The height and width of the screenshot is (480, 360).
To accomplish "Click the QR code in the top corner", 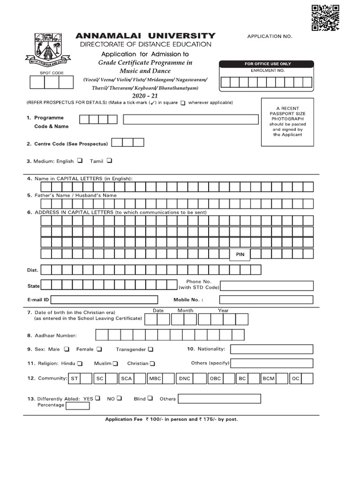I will pyautogui.click(x=325, y=17).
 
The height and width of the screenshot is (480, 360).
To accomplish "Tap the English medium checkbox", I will pyautogui.click(x=80, y=160).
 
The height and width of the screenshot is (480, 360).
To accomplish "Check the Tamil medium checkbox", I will pyautogui.click(x=109, y=160).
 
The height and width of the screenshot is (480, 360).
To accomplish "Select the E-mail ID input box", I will pyautogui.click(x=107, y=300).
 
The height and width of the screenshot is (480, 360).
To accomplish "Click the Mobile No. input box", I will pyautogui.click(x=266, y=300).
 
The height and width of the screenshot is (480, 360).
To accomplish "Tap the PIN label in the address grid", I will pyautogui.click(x=240, y=255).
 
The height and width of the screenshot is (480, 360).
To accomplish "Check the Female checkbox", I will pyautogui.click(x=99, y=349).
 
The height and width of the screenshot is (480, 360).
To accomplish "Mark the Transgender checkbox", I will pyautogui.click(x=150, y=349).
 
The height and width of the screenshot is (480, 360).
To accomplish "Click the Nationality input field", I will pyautogui.click(x=271, y=349).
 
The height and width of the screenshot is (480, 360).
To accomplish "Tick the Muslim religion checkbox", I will pyautogui.click(x=115, y=363).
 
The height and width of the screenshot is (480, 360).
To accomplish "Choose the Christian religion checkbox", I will pyautogui.click(x=152, y=363).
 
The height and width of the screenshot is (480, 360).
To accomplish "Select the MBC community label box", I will pyautogui.click(x=155, y=378).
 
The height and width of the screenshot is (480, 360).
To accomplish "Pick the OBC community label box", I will pyautogui.click(x=215, y=378).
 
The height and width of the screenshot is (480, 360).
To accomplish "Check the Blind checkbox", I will pyautogui.click(x=150, y=398).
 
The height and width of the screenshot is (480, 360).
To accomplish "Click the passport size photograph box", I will pyautogui.click(x=287, y=122).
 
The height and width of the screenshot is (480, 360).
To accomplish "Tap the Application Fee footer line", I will pyautogui.click(x=172, y=420).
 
